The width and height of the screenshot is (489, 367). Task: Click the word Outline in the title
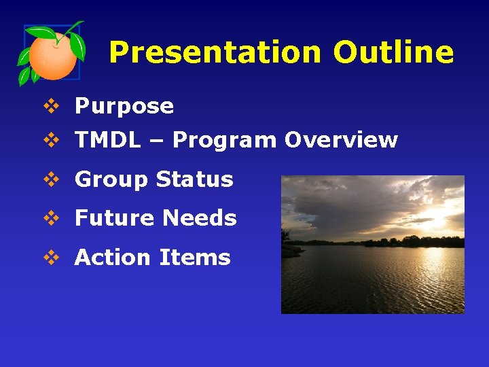coord(393,52)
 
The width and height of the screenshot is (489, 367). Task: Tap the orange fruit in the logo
coord(54,55)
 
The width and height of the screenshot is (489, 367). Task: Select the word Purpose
coord(124,106)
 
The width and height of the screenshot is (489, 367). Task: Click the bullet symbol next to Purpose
coord(50,106)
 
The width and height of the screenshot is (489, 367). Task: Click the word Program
coord(224,141)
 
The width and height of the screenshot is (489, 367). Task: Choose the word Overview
coord(341,140)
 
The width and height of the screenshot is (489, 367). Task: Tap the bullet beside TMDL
coord(50,140)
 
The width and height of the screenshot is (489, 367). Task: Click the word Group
coord(111,180)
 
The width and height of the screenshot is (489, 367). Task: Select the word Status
coord(194,179)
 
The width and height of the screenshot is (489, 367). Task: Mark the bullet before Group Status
coord(50,179)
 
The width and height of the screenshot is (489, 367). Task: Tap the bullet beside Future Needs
coord(50,218)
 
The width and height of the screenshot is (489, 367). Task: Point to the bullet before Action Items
coord(50,258)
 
